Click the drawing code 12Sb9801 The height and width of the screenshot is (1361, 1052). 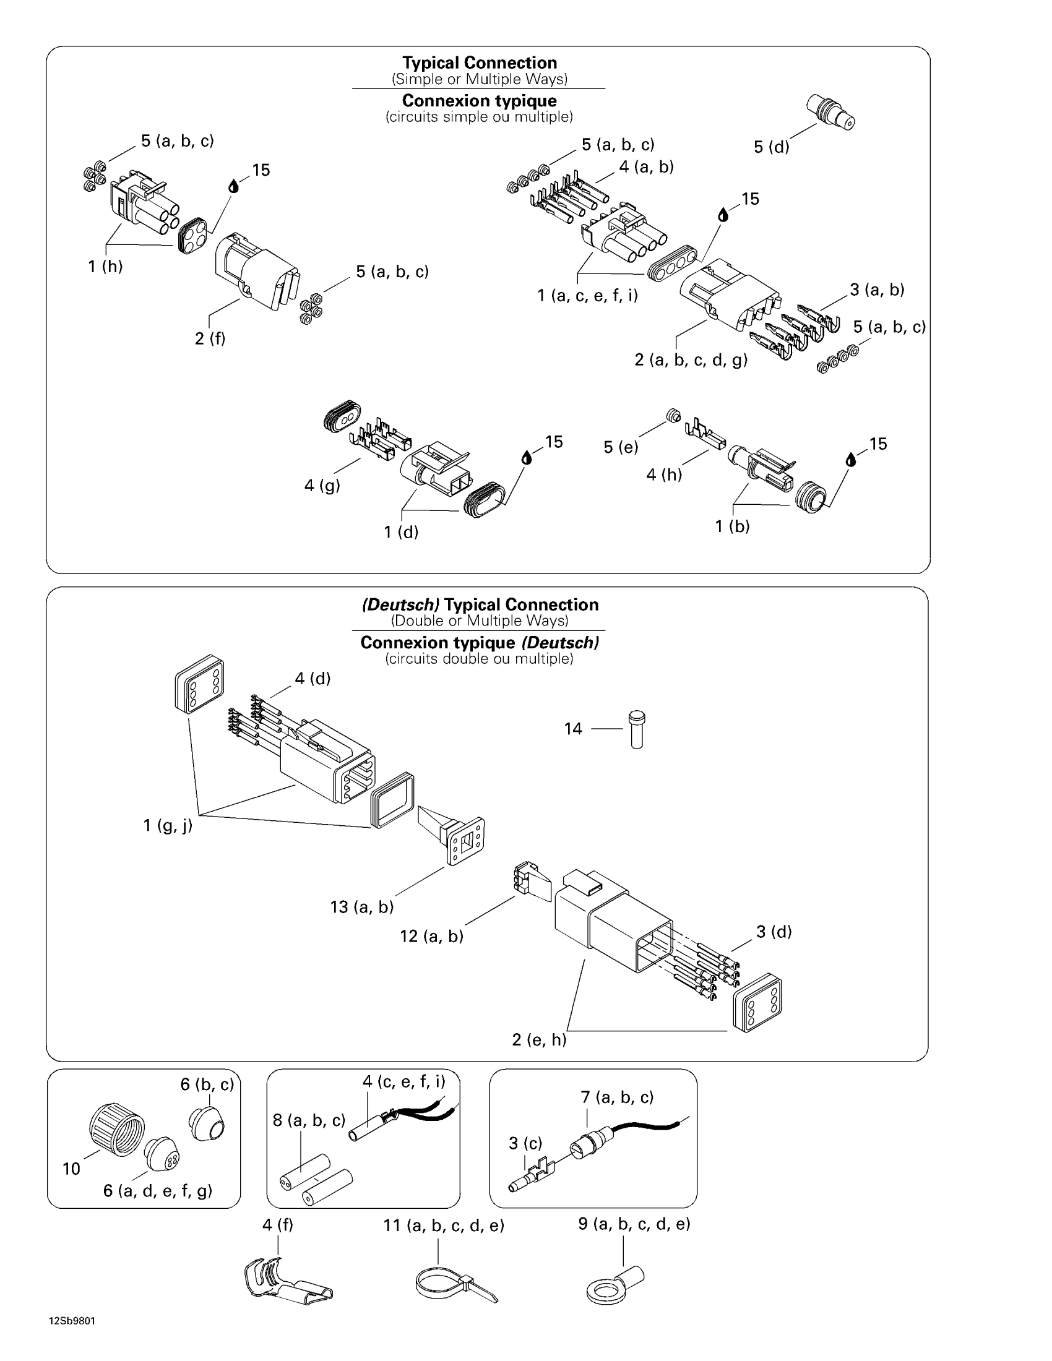[x=72, y=1321]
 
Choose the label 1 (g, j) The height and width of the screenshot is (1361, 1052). [x=168, y=826]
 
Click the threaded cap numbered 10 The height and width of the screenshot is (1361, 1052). [x=116, y=1128]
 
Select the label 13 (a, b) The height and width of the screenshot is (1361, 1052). [x=362, y=907]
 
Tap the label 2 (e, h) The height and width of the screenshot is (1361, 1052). [x=539, y=1039]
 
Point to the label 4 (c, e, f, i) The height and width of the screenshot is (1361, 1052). [x=404, y=1082]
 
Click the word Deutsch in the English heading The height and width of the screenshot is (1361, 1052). [x=401, y=604]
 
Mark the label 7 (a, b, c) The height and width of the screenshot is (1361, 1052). [x=617, y=1097]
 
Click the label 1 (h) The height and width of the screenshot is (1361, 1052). [x=105, y=267]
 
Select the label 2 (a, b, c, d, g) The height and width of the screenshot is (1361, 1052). [x=691, y=359]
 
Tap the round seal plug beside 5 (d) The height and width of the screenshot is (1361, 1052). [x=830, y=111]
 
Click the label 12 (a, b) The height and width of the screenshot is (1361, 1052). [x=431, y=937]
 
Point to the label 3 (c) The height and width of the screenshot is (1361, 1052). [x=525, y=1143]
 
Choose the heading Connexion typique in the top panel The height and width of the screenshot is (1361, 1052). [x=479, y=101]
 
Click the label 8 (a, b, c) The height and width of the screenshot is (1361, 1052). [x=309, y=1120]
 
